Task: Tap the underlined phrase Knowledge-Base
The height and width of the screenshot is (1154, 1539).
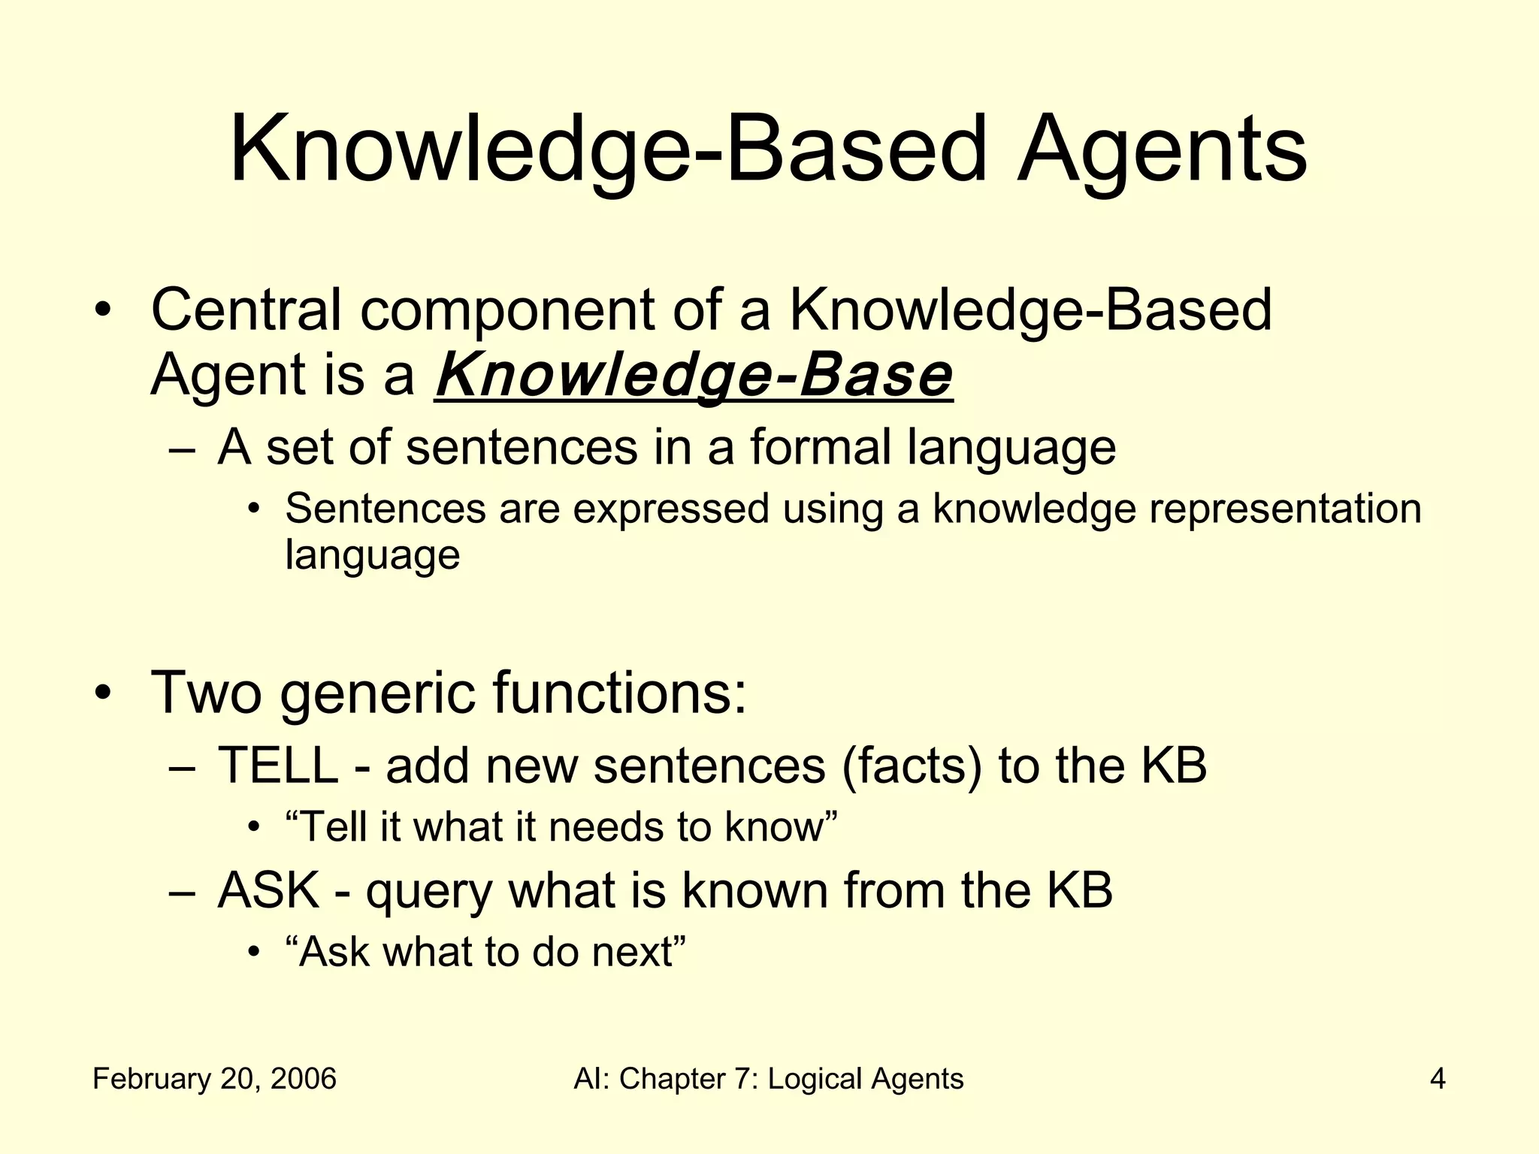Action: tap(694, 375)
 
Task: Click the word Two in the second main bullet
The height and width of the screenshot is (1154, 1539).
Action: tap(206, 692)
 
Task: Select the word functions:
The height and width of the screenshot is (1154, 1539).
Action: tap(620, 692)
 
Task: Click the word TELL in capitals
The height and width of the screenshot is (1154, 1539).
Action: tap(277, 766)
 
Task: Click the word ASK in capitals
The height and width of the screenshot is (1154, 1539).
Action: tap(268, 890)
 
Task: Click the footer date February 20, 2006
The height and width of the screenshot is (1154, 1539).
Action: tap(214, 1079)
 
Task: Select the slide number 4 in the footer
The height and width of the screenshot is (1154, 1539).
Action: tap(1438, 1079)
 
